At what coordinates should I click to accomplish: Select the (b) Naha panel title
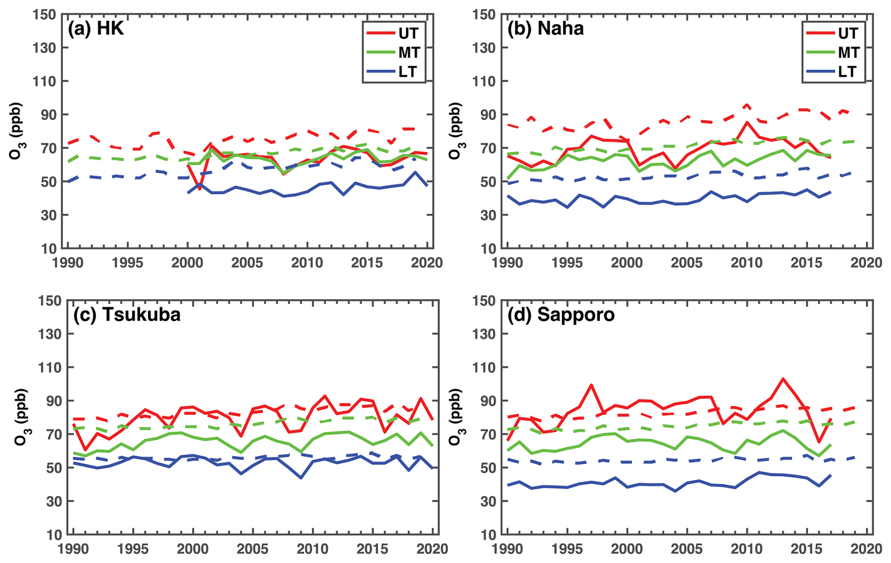545,29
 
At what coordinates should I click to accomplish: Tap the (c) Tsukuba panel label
127,314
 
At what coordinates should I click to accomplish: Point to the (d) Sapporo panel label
561,314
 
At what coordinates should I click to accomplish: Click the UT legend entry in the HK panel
408,33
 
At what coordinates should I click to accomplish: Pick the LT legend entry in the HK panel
407,72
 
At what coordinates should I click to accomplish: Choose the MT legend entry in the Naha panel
848,52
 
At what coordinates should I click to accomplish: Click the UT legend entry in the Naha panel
848,33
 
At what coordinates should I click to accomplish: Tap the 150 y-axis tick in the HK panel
44,15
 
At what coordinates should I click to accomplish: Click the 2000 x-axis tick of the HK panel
187,263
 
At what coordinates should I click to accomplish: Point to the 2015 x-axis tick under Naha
806,263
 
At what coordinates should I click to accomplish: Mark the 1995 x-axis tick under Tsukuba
133,549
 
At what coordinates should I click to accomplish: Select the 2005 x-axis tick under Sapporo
687,549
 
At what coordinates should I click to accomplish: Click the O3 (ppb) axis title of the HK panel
17,131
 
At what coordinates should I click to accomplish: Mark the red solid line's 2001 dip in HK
200,189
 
